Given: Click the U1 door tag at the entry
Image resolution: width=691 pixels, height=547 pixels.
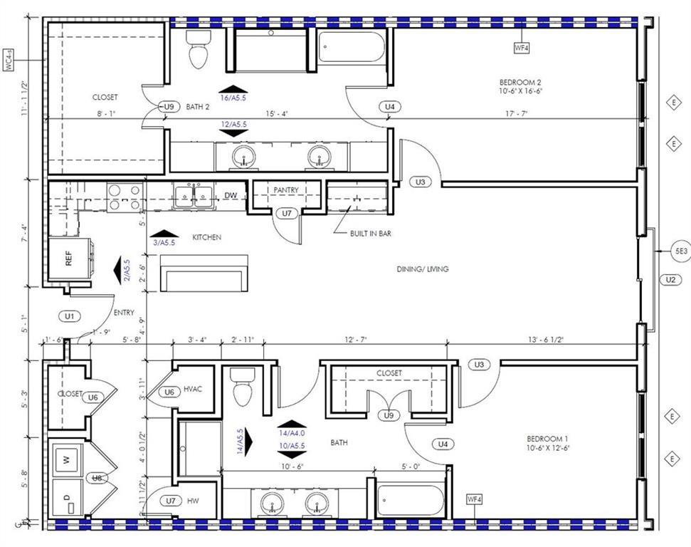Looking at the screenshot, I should click(69, 315).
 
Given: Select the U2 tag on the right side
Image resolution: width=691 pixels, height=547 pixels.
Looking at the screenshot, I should click(670, 280).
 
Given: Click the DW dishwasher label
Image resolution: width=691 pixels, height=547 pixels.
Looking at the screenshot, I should click(230, 195).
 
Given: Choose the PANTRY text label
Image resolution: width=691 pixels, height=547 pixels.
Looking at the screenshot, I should click(286, 190).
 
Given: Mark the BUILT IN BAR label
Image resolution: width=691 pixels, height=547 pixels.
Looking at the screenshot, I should click(370, 234).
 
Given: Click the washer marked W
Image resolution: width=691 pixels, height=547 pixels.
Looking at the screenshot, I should click(67, 460).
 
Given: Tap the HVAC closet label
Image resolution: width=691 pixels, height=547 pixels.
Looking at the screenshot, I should click(194, 391).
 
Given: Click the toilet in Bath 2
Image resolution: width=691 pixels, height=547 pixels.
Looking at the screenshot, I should click(197, 48).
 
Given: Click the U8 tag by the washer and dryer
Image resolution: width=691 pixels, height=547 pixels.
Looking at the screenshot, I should click(97, 478).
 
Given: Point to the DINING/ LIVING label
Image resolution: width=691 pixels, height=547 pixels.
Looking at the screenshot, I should click(423, 269).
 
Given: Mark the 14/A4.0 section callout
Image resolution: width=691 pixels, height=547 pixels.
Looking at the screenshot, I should click(292, 433).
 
